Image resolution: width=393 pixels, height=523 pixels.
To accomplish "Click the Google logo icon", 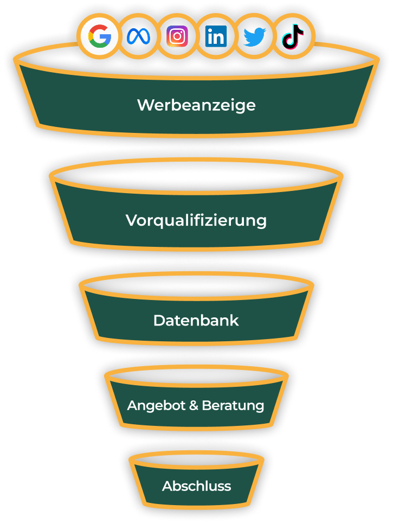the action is [x=100, y=37].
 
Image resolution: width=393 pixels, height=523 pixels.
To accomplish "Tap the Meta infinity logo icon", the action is [x=138, y=37].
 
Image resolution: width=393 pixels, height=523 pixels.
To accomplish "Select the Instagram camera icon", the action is [x=177, y=37].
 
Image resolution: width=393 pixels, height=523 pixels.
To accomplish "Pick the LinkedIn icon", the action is [x=216, y=37].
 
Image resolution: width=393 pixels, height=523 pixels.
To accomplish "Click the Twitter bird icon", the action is [x=254, y=37].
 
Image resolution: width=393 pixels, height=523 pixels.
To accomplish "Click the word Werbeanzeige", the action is [x=196, y=105].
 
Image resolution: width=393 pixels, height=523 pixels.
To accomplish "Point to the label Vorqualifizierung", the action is [x=196, y=220].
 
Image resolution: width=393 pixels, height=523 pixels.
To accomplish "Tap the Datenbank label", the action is [x=196, y=320].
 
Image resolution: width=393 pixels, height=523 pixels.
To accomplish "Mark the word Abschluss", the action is [x=196, y=486].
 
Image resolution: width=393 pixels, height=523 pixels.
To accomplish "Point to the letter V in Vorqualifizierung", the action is [x=131, y=220].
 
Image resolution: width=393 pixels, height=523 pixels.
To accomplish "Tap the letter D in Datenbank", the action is [x=159, y=320].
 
